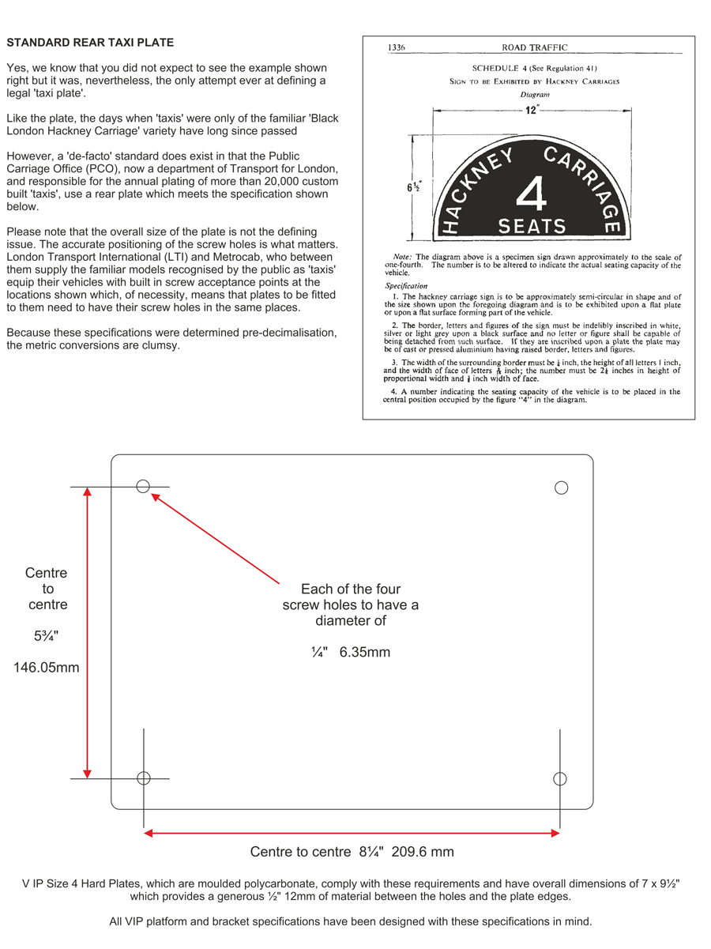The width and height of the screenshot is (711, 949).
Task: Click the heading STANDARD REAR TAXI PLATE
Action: click(90, 42)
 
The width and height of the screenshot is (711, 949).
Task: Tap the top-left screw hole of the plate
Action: click(143, 486)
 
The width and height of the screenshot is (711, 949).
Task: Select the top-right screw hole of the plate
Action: click(562, 488)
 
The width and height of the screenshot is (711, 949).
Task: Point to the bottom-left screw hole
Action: click(144, 778)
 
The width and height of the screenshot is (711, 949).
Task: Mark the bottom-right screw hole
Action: click(560, 779)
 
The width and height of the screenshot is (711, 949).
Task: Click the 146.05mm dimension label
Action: click(47, 668)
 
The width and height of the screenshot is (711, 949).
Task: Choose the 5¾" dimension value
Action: click(47, 635)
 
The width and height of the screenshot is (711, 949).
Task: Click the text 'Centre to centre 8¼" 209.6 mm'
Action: click(352, 852)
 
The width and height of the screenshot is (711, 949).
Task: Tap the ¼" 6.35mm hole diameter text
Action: click(351, 653)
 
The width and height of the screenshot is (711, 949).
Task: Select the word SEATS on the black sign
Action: click(532, 227)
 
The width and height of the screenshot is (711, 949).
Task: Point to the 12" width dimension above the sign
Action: click(532, 110)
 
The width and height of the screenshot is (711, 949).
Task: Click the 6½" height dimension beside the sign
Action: click(413, 187)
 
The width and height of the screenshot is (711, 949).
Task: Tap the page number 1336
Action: click(397, 48)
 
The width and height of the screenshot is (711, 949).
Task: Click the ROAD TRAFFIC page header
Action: click(534, 48)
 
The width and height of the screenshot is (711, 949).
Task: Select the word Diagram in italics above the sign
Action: click(535, 95)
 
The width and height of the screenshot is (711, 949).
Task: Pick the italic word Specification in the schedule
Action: click(406, 285)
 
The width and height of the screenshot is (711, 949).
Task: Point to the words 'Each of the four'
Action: click(351, 589)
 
